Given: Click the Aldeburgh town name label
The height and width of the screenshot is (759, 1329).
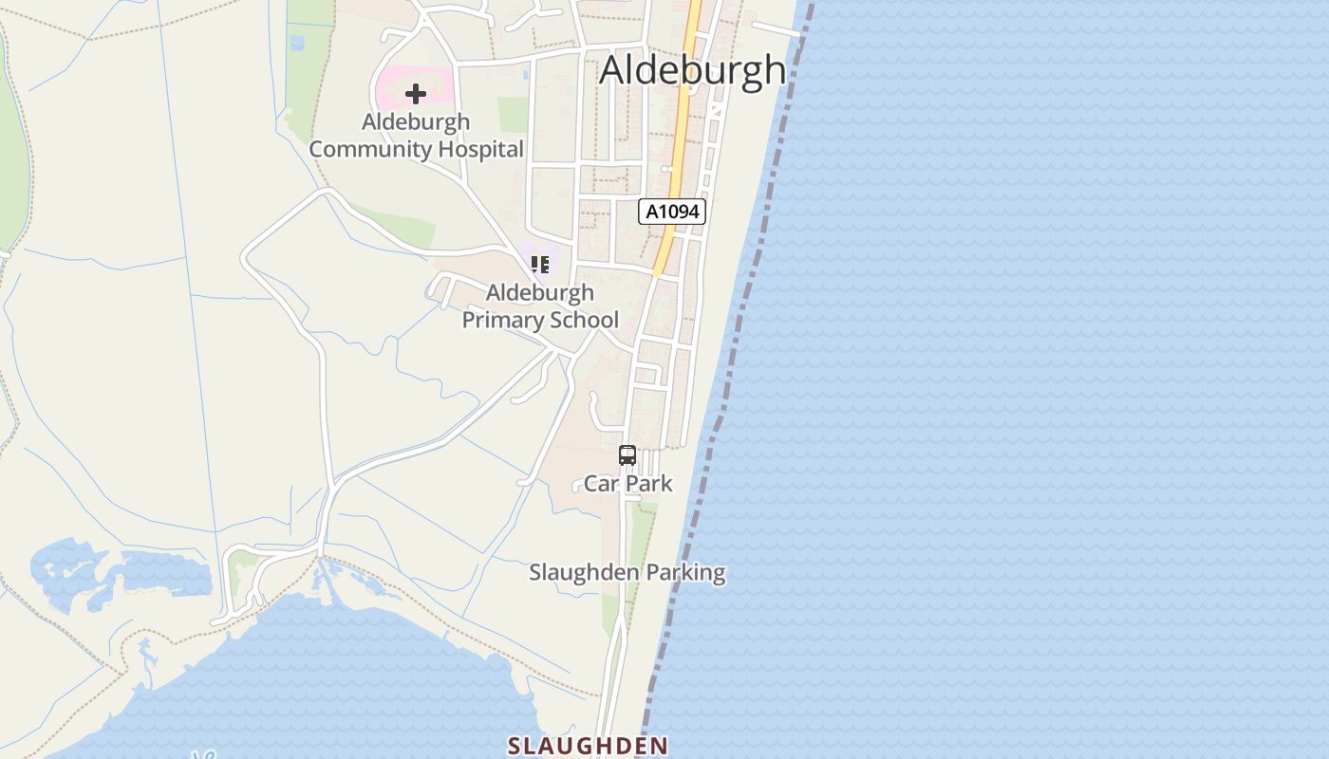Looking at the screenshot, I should pyautogui.click(x=693, y=70).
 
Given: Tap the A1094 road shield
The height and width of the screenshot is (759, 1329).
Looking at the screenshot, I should pyautogui.click(x=672, y=212).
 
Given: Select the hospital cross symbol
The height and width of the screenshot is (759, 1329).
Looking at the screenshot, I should pyautogui.click(x=415, y=94).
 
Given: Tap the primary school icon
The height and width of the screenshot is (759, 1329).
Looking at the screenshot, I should pyautogui.click(x=539, y=264).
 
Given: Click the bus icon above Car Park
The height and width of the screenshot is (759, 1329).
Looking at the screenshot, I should pyautogui.click(x=627, y=455).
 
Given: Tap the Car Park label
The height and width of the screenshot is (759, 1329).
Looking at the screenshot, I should pyautogui.click(x=627, y=484).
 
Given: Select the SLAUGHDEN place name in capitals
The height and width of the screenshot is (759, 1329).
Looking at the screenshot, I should pyautogui.click(x=588, y=746).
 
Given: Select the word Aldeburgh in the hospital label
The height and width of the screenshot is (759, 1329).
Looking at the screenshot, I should pyautogui.click(x=415, y=122).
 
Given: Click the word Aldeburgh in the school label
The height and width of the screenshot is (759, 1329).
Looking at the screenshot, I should pyautogui.click(x=540, y=292).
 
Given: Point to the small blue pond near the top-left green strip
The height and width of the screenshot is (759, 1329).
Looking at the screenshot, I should pyautogui.click(x=297, y=43).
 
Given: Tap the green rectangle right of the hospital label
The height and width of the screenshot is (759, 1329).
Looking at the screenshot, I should pyautogui.click(x=514, y=115).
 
